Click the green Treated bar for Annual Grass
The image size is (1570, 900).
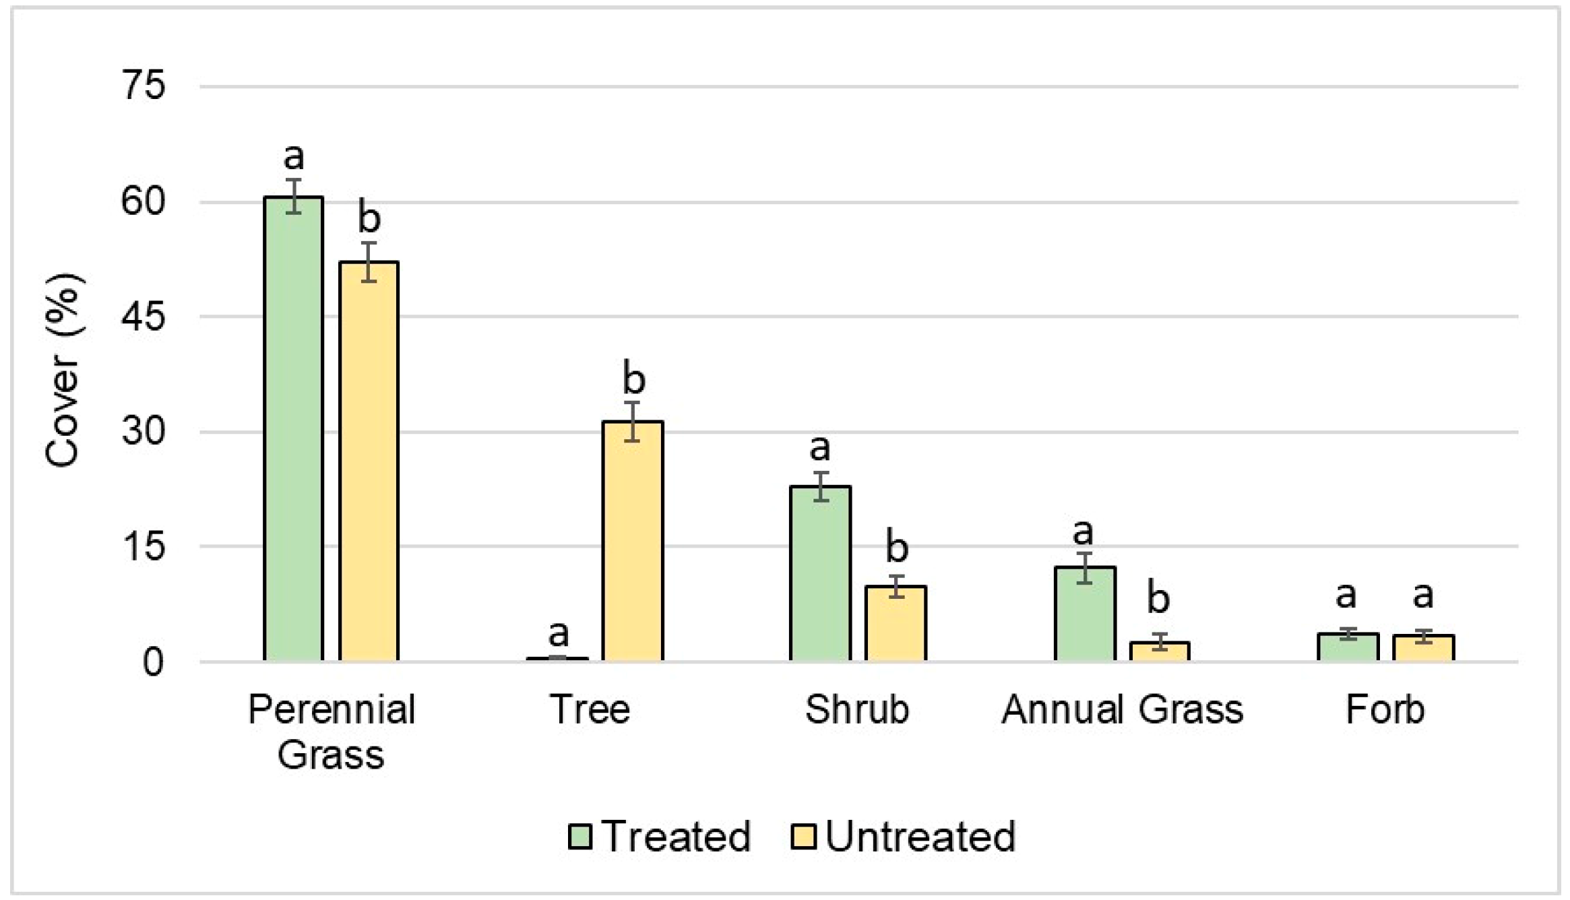coord(1084,614)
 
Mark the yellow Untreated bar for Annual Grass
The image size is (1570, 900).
coord(1160,651)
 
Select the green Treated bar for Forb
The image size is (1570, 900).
coord(1348,647)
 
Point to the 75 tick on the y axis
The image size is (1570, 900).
coord(143,86)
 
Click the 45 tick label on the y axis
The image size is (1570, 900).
coord(143,316)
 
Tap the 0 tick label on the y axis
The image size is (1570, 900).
coord(153,662)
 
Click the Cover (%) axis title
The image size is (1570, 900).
coord(64,371)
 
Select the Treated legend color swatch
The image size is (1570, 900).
coord(579,836)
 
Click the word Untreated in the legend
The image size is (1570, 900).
coord(920,836)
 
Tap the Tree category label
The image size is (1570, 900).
coord(590,709)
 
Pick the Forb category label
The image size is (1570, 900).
coord(1385,709)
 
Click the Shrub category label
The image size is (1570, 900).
coord(856,709)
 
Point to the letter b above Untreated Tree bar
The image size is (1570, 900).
coord(633,379)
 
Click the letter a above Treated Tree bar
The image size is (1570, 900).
coord(558,633)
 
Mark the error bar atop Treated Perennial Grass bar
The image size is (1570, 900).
coord(293,196)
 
